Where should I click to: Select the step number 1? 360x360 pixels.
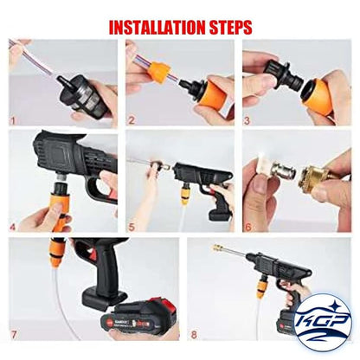coord(12,120)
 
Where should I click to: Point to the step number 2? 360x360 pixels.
coord(132,120)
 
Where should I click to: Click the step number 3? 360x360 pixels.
coord(247,120)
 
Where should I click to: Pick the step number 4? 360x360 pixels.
coord(13,227)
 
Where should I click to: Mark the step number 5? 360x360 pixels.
coord(132,227)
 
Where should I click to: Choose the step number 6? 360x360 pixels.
coord(248,227)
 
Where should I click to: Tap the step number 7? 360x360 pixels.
coord(13,335)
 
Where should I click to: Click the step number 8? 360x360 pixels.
coord(194,335)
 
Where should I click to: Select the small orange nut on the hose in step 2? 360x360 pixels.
coord(159,71)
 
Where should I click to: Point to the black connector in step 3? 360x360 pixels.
coord(286,74)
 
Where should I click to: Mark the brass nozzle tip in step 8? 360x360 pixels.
coord(218,247)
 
